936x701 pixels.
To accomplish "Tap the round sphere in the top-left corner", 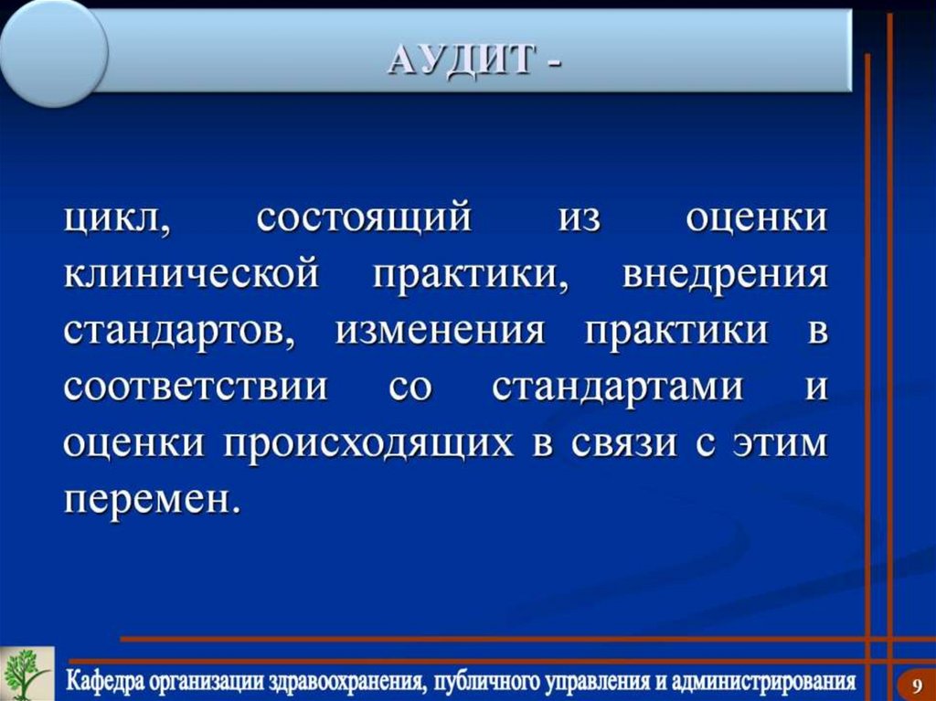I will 52,50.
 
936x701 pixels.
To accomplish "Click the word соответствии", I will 196,387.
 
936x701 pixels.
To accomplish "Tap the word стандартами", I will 618,387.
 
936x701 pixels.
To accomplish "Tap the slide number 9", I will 916,683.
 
